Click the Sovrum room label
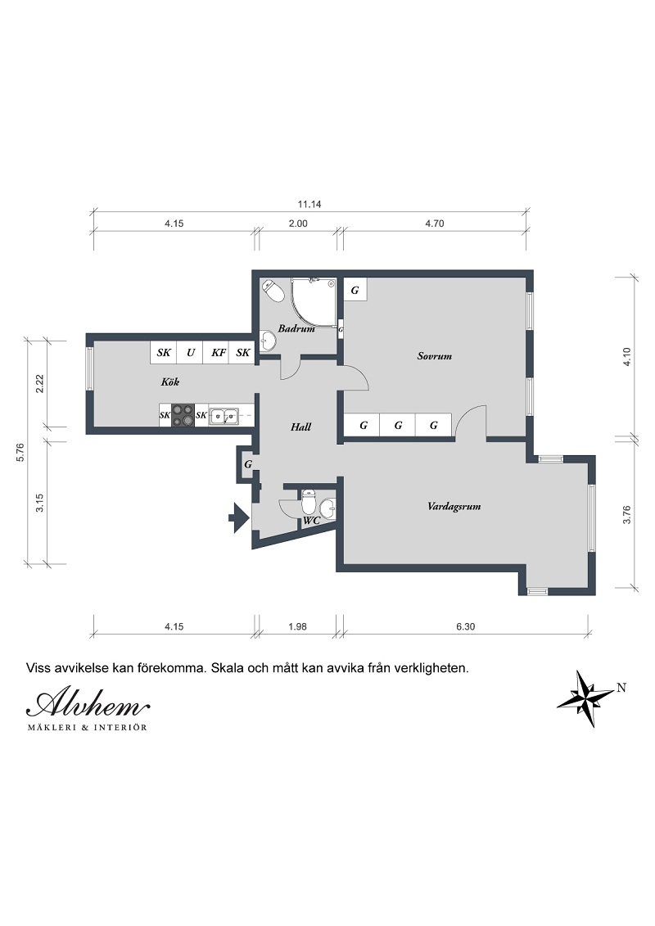tap(434, 356)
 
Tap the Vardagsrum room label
tap(454, 506)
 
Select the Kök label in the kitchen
tap(170, 382)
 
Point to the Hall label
tap(300, 427)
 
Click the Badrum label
tap(296, 328)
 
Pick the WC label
tap(311, 520)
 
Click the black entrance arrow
tap(239, 518)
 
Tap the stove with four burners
tap(183, 415)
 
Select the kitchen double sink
tap(224, 416)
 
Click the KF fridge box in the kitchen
tap(219, 353)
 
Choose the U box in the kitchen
tap(191, 353)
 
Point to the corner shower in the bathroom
tap(314, 302)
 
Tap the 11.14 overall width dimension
tap(309, 205)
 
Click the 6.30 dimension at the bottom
tap(465, 626)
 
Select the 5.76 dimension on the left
tap(20, 452)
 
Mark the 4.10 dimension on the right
tap(627, 357)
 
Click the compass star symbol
tap(586, 698)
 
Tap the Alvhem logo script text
tap(88, 702)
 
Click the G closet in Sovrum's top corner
tap(355, 290)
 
